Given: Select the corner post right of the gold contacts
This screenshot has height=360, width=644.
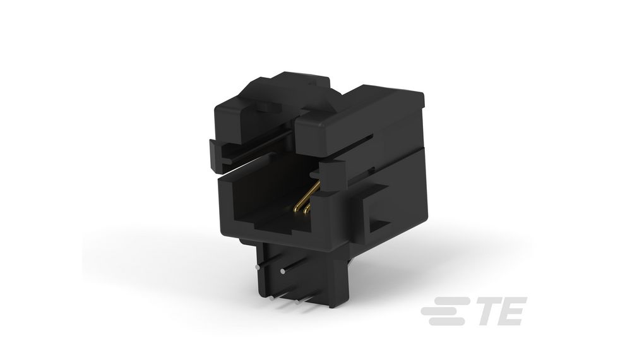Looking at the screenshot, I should (x=331, y=202).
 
